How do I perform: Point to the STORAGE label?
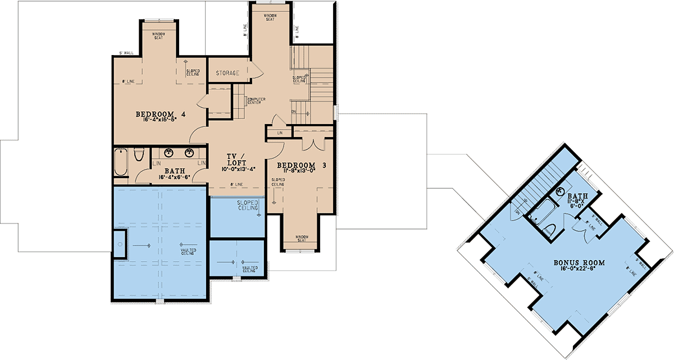point(228,73)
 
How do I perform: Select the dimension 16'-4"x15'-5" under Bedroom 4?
point(160,120)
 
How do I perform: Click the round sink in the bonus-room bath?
point(560,192)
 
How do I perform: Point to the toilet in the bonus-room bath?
point(550,229)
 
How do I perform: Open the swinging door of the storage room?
point(256,70)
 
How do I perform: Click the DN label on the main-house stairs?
point(294,111)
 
